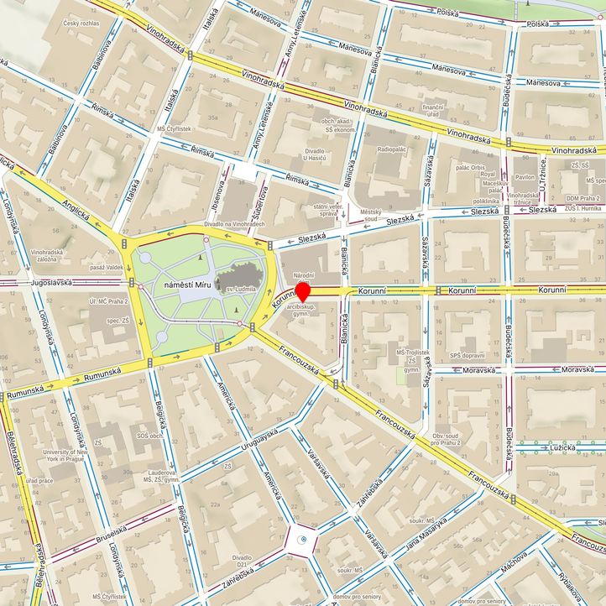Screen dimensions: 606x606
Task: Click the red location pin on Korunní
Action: [x=304, y=291]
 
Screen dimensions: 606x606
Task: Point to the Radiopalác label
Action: [x=392, y=149]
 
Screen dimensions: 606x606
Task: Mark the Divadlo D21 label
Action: [x=243, y=562]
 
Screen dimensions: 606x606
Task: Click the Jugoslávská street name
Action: [x=37, y=284]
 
